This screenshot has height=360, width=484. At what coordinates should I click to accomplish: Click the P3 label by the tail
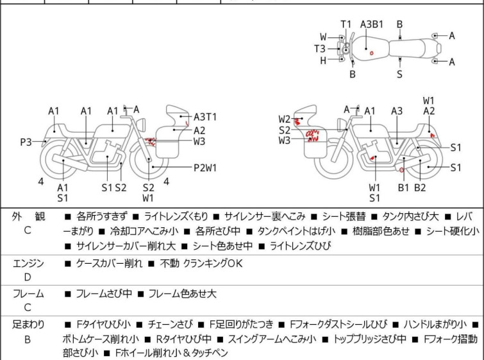[x=26, y=142]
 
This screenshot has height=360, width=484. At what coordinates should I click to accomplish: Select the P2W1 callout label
[x=205, y=167]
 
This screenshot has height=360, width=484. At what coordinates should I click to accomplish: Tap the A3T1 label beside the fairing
[x=205, y=117]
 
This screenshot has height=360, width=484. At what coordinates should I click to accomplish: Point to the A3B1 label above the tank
[x=372, y=24]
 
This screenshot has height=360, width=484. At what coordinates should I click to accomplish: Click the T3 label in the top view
[x=320, y=49]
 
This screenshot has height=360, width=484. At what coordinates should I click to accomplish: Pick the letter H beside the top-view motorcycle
[x=323, y=61]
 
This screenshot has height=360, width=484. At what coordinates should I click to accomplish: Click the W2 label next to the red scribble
[x=285, y=119]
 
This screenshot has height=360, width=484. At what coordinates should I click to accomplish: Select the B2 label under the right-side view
[x=420, y=187]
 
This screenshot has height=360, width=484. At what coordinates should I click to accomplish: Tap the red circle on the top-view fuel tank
[x=372, y=53]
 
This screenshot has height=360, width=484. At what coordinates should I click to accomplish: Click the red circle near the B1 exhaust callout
[x=401, y=170]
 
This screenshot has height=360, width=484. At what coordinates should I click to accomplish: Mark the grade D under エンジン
[x=28, y=277]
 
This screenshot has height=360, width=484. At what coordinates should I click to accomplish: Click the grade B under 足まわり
[x=28, y=339]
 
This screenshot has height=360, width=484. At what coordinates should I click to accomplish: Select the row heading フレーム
[x=28, y=293]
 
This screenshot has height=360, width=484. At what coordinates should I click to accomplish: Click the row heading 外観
[x=28, y=217]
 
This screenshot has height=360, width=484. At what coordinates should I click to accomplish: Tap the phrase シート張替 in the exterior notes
[x=344, y=216]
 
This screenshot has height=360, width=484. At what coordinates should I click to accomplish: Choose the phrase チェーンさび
[x=171, y=324]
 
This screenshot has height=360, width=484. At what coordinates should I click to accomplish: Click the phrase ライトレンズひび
[x=301, y=246]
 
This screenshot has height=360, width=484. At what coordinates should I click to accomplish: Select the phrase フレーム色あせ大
[x=183, y=293]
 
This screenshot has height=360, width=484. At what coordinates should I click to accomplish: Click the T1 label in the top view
[x=346, y=24]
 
